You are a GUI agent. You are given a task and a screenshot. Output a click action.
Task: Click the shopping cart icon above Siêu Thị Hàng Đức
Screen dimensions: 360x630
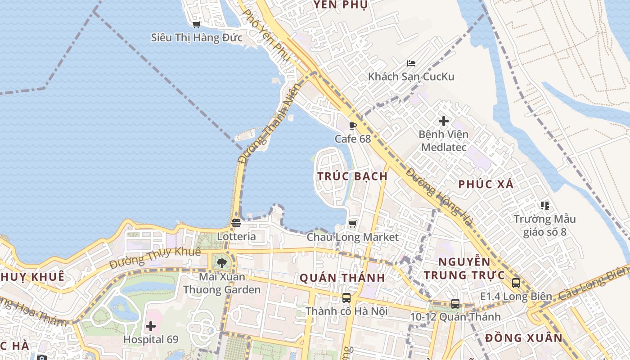[196, 24]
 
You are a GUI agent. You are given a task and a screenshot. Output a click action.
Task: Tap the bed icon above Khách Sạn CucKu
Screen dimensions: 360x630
[411, 63]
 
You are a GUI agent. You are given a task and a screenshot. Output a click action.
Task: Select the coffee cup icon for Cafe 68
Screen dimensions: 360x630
[353, 126]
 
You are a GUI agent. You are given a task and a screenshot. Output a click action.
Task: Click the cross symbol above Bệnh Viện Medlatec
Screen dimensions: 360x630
[444, 121]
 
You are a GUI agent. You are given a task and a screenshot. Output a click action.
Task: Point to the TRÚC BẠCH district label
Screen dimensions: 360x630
[352, 176]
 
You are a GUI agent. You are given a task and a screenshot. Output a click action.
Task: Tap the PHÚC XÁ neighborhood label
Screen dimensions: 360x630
[486, 184]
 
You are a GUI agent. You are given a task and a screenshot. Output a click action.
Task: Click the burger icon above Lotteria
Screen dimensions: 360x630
[236, 223]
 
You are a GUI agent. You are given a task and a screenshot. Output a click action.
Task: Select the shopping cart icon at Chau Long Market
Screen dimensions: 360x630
[353, 224]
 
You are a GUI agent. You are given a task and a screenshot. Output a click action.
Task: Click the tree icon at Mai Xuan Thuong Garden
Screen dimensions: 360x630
[221, 263]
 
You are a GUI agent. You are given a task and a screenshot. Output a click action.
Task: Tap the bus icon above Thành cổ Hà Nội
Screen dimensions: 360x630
[346, 297]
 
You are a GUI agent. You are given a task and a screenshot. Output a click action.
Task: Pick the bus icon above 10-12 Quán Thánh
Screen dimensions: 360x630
[455, 303]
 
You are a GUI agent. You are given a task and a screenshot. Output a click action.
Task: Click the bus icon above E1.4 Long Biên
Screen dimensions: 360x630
[516, 283]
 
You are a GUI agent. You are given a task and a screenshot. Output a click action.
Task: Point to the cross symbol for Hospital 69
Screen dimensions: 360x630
[151, 326]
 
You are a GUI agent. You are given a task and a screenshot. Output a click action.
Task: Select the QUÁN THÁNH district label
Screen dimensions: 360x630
[342, 278]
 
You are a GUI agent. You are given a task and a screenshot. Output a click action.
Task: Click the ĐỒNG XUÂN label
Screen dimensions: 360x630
[524, 338]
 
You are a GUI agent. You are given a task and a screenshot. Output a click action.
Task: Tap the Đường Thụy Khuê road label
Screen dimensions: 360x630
[155, 256]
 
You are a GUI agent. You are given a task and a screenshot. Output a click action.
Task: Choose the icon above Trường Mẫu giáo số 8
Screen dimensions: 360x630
[545, 206]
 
